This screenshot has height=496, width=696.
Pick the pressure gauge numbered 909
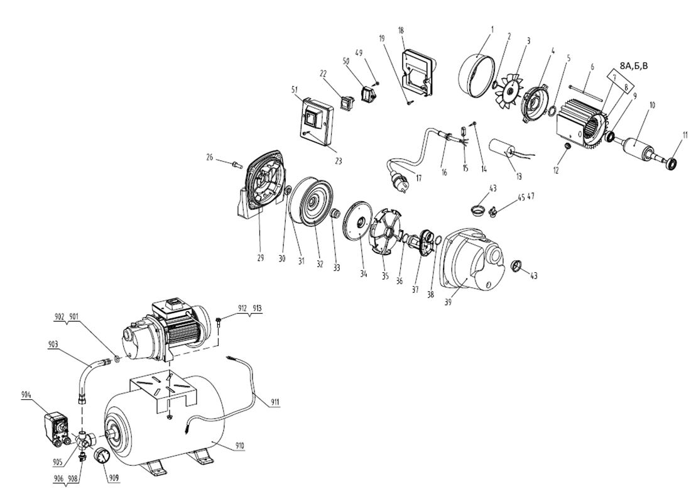102,456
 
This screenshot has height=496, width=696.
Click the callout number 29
261,258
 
